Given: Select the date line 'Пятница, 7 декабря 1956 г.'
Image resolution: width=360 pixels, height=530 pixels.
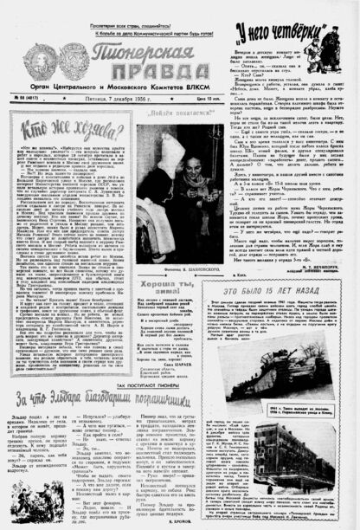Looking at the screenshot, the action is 122,99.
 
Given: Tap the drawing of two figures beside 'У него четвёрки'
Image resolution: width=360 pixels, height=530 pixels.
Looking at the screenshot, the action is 332,48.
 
